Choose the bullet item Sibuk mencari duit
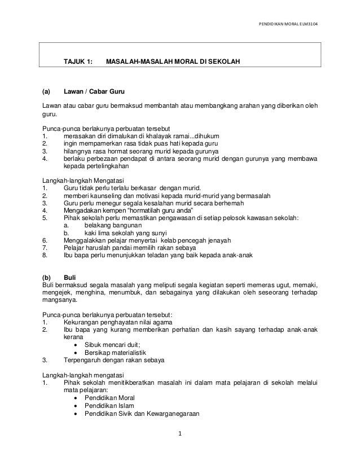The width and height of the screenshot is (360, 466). point(113,345)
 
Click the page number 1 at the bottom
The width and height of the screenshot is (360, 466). point(179,434)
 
